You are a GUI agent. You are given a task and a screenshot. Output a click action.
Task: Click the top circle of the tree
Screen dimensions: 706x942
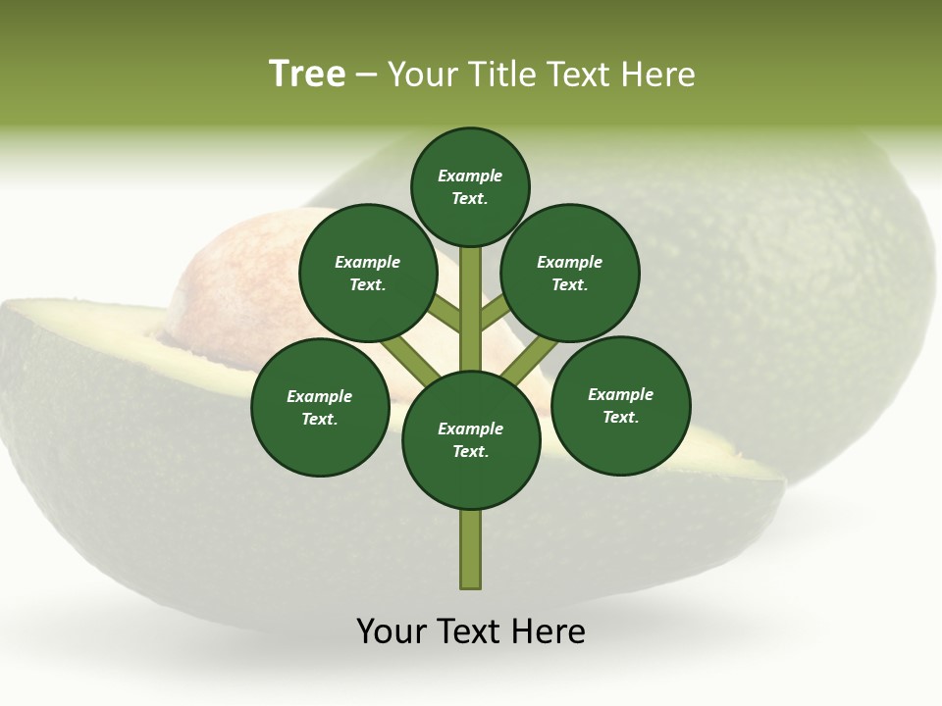pos(470,186)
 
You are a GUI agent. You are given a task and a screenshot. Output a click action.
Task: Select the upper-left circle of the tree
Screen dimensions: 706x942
pos(368,273)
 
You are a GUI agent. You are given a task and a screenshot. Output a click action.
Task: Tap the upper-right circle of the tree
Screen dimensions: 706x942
pos(570,273)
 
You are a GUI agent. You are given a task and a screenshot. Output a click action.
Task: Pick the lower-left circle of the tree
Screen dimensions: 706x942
pos(320,407)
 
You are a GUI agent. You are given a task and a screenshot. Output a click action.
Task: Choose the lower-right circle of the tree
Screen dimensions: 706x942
pos(621,405)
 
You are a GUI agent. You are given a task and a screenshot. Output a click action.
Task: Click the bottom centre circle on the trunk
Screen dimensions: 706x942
pos(471,440)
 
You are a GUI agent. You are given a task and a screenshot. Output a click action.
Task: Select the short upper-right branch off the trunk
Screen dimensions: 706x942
pos(495,313)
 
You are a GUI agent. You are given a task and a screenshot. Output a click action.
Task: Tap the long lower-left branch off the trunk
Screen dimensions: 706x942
pos(410,358)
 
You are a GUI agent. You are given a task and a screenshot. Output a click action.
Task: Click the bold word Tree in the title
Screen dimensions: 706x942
pos(307,75)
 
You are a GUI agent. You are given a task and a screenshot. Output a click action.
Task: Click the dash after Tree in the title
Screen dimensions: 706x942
pos(366,75)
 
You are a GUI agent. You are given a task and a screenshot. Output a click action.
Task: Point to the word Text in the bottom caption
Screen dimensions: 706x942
pos(470,631)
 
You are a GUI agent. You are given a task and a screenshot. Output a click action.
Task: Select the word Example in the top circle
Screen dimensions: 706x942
pos(470,176)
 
